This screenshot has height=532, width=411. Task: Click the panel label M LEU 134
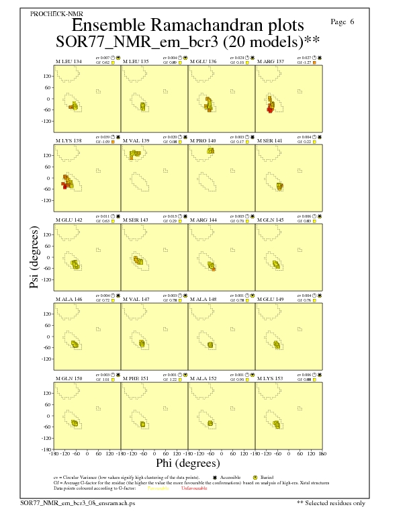point(68,62)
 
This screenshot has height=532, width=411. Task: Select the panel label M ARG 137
point(271,62)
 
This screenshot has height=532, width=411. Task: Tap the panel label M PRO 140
point(203,140)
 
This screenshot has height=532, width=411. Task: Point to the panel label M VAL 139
point(136,140)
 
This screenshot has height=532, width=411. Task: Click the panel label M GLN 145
point(271,220)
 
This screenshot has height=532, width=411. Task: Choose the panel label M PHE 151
point(136,378)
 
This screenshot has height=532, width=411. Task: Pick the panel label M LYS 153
point(271,378)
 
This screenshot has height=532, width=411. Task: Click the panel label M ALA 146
point(68,299)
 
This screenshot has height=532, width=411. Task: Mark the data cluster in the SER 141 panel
point(279,186)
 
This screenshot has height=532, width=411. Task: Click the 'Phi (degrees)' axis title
point(187,463)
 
